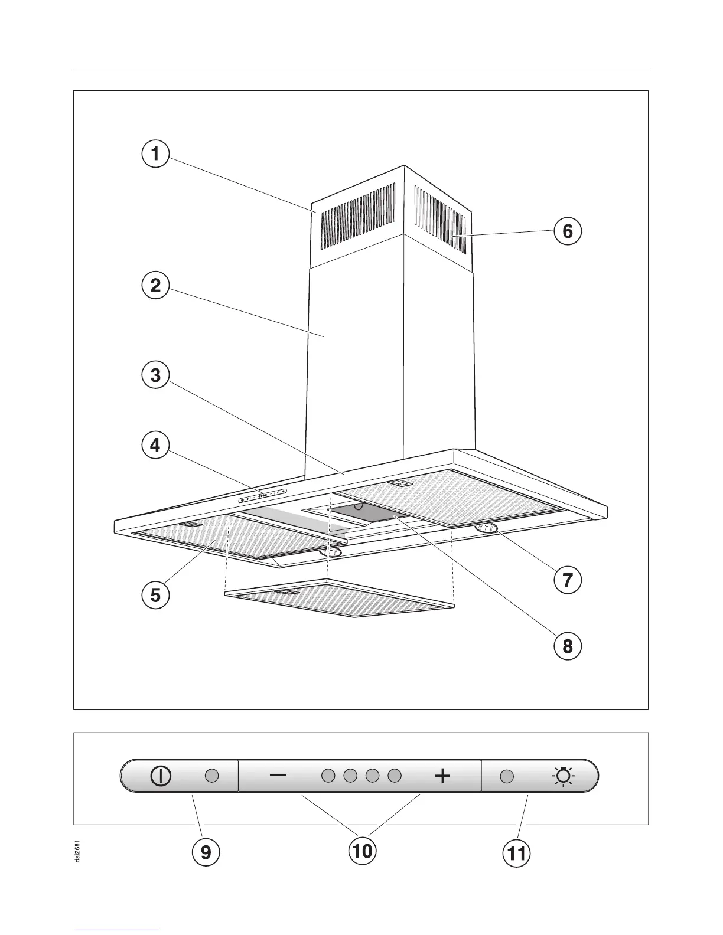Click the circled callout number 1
point(155,154)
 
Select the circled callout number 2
point(155,286)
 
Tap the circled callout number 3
point(155,375)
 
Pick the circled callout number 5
point(155,594)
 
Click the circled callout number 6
point(568,231)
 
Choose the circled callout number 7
point(568,580)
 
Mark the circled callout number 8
point(568,645)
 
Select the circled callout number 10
point(362,851)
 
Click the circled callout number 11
point(517,853)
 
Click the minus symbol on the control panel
point(278,776)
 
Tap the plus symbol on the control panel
point(442,776)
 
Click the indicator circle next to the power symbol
point(212,776)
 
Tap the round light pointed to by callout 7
point(486,529)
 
